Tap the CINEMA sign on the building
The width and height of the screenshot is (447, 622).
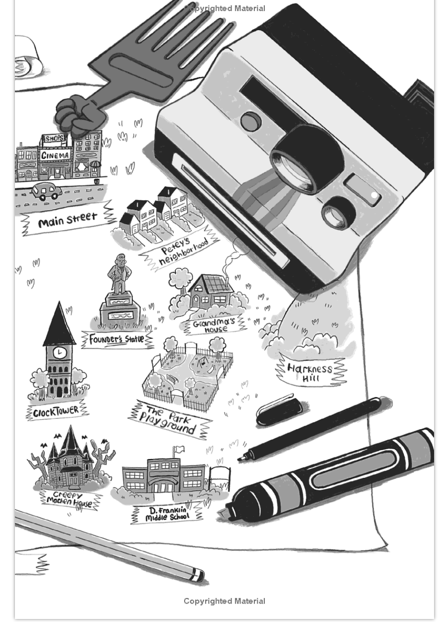55,155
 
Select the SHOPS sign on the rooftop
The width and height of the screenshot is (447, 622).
55,139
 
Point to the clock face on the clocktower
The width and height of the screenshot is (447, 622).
60,352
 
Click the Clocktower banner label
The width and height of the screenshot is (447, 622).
57,411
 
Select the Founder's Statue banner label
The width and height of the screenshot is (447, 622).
117,339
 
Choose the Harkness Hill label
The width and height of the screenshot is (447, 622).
310,372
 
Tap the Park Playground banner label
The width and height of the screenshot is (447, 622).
169,420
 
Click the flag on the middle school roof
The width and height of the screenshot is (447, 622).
180,449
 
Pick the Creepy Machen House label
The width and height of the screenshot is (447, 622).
70,500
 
